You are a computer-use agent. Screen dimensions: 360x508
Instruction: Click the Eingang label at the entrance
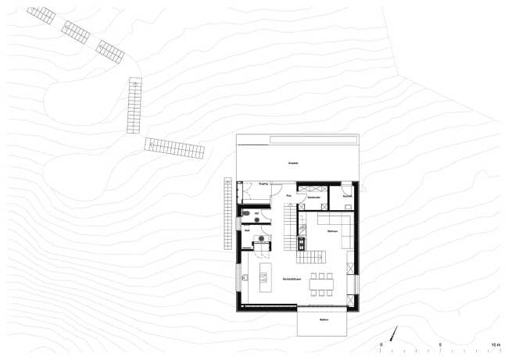point(263,184)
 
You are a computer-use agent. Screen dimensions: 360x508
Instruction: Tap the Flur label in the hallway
point(289,195)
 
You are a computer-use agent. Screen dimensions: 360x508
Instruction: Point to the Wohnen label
point(331,231)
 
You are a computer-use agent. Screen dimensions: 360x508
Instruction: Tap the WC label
point(256,212)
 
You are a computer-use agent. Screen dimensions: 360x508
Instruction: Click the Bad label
point(247,231)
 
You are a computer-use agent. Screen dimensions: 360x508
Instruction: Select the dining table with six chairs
point(323,285)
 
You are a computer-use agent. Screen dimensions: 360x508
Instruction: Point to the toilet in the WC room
point(245,213)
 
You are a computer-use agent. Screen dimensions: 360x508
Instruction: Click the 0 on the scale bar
point(381,344)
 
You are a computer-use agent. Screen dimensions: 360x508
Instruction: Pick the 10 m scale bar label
point(495,344)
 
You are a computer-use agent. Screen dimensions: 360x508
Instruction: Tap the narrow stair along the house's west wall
point(229,205)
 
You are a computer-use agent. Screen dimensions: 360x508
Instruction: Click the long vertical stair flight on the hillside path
point(134,106)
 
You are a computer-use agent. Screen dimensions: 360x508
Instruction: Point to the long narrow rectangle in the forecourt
point(313,140)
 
